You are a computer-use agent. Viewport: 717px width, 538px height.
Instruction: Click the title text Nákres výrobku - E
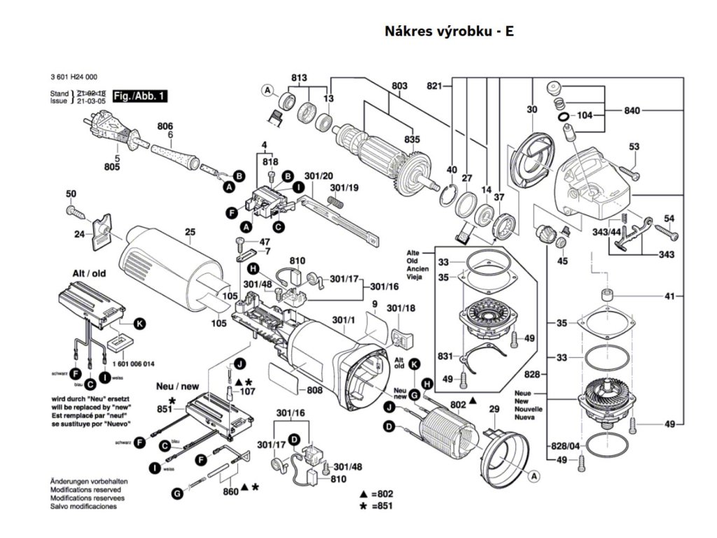[x=449, y=32]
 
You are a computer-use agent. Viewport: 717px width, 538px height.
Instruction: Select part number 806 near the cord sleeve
[x=165, y=126]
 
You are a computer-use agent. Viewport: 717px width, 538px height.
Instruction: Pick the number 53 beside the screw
[x=634, y=146]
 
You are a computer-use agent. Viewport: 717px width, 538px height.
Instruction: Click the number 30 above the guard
[x=532, y=109]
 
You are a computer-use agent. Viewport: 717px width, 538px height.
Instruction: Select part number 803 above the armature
[x=399, y=86]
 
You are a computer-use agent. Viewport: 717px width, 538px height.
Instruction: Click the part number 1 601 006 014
[x=132, y=364]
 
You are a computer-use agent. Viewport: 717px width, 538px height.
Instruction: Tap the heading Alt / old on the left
[x=89, y=273]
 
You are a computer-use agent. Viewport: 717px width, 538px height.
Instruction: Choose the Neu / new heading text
[x=177, y=386]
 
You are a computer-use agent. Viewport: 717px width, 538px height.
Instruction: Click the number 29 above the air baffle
[x=494, y=408]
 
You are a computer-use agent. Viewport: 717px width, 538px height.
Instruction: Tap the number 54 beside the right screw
[x=669, y=219]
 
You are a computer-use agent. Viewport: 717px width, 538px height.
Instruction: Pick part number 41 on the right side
[x=670, y=297]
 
